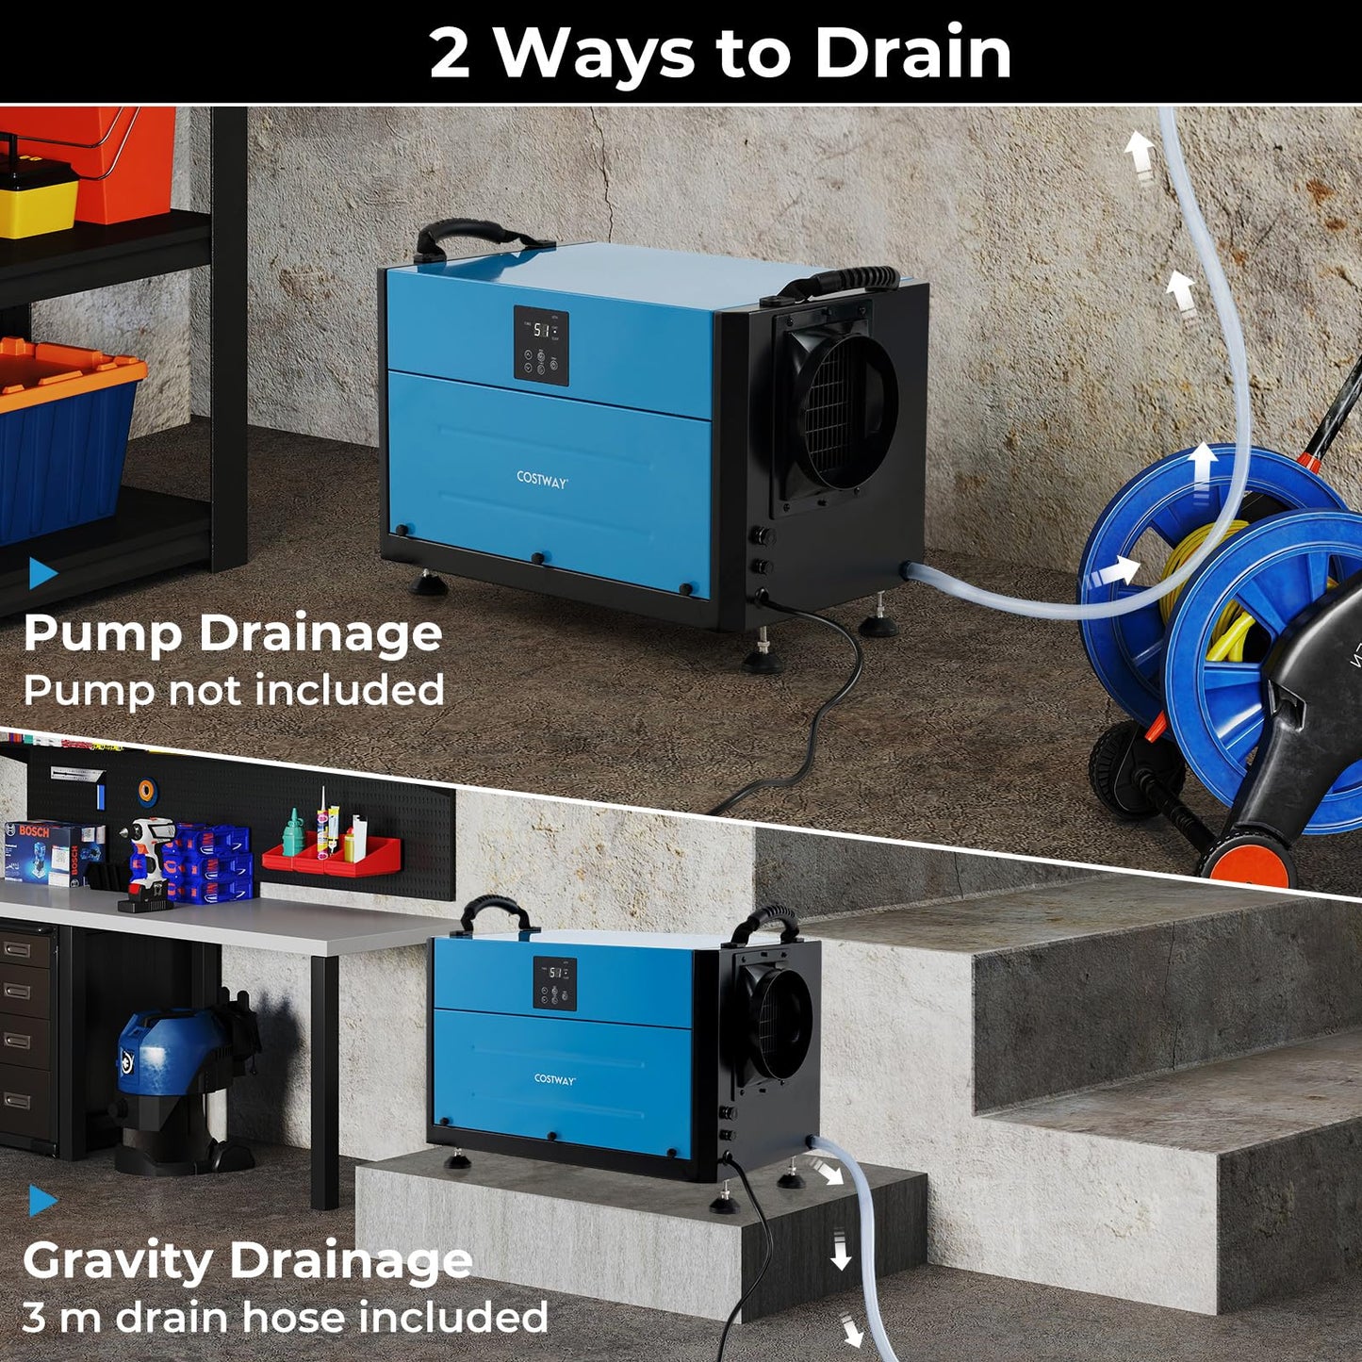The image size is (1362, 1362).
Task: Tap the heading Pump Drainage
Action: coord(233,632)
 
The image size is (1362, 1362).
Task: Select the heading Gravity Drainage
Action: coord(247,1260)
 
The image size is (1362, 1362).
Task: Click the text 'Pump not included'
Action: coord(233,690)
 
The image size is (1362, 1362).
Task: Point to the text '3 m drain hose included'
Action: coord(284,1317)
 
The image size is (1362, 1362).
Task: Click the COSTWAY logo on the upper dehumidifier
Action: coord(542,480)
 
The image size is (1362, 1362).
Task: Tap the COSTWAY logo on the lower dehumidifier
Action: coord(554,1079)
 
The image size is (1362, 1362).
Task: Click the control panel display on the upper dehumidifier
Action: coord(541,345)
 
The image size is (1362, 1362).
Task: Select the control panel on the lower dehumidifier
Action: coord(555,984)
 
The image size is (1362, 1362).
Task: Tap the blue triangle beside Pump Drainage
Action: coord(42,572)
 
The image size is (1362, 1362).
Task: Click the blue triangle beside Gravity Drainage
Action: coord(42,1200)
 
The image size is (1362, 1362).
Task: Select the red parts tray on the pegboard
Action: coord(332,855)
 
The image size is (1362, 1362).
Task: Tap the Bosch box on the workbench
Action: coord(52,851)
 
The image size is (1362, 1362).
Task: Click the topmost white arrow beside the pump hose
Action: coord(1140,153)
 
